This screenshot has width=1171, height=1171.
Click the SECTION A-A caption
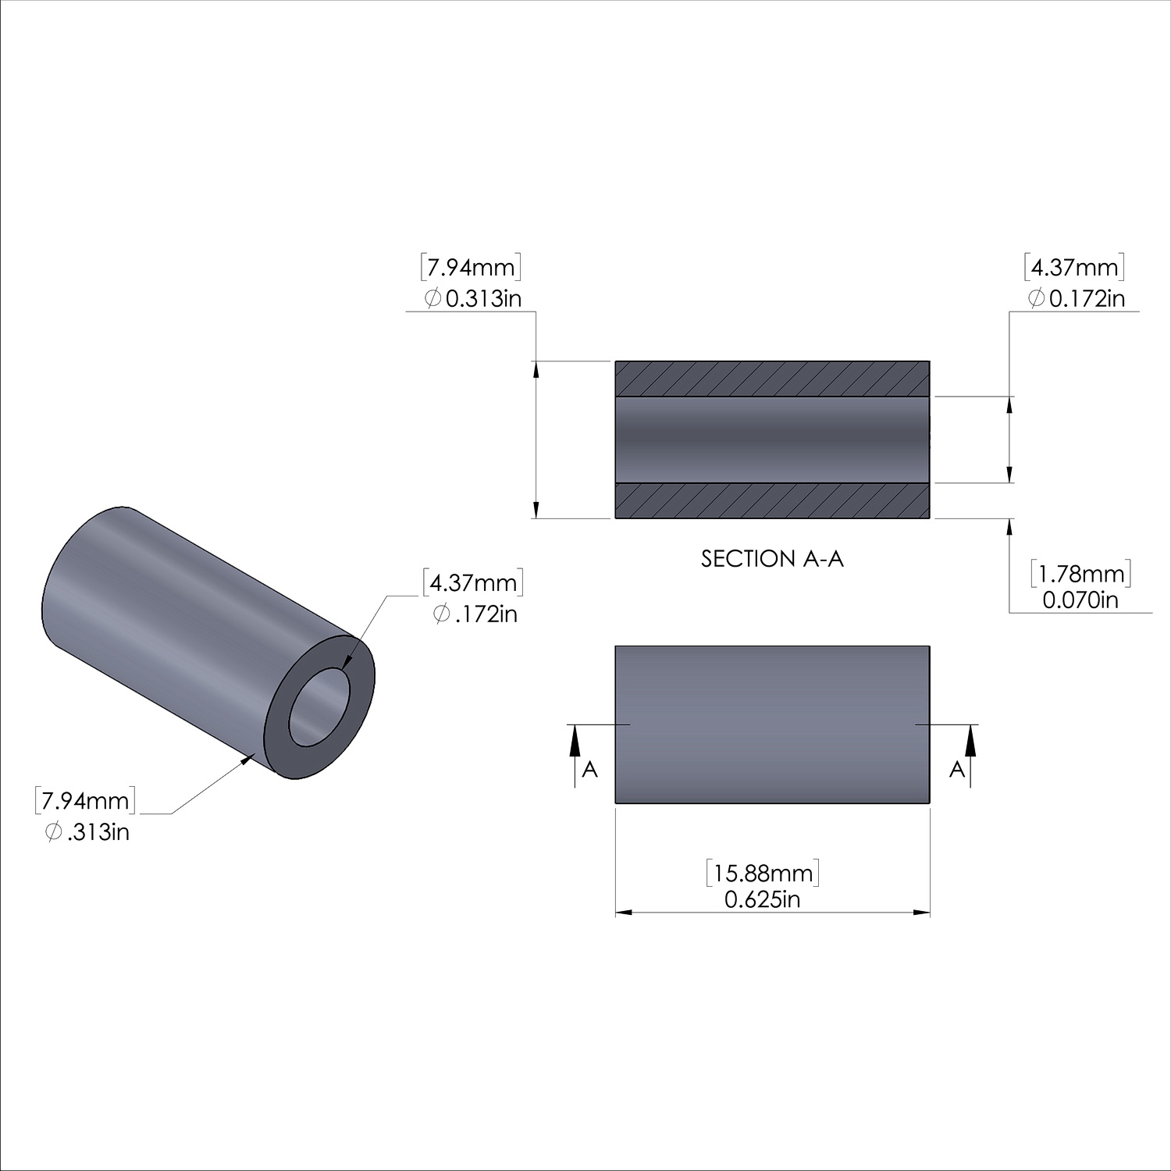[x=772, y=559]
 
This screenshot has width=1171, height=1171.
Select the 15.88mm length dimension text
[x=763, y=873]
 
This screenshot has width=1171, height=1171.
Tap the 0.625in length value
[x=763, y=900]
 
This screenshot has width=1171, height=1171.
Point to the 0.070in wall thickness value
[x=1080, y=600]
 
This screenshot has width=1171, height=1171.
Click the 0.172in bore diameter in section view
[x=1077, y=298]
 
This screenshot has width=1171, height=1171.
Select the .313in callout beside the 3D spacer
[x=87, y=832]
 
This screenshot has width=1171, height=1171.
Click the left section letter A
[x=590, y=769]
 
